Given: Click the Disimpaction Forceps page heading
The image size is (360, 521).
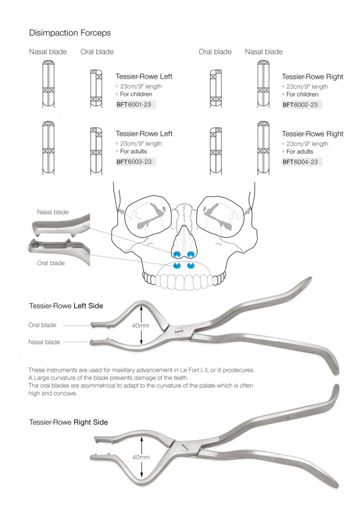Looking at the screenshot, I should [70, 33].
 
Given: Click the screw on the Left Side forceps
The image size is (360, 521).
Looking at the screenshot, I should [179, 330].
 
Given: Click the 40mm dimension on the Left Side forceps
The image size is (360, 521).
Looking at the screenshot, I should [141, 326].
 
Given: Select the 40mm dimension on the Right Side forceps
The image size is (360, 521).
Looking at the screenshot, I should [141, 457].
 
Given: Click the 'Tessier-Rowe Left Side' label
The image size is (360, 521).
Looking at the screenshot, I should [66, 306].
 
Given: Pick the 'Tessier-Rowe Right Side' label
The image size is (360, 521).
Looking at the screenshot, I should [68, 422].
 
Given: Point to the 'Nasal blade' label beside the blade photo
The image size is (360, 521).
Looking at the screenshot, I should [53, 212].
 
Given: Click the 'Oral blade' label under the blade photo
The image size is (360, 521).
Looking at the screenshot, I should [51, 263].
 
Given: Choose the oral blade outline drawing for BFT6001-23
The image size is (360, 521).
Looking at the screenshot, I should [96, 89].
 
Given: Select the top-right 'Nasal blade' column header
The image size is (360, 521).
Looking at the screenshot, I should [264, 52].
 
